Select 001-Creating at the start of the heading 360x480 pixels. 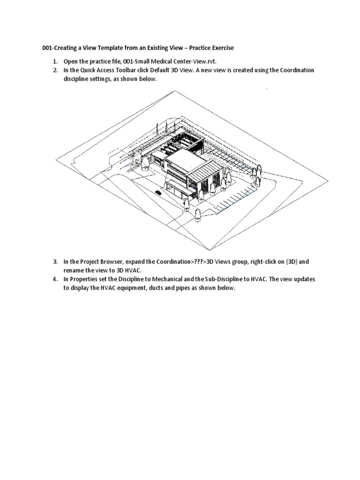tap(57, 48)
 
